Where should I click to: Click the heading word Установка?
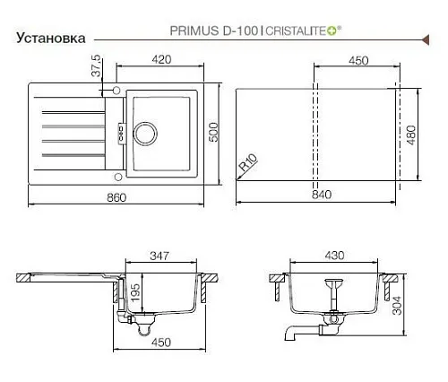(x=51, y=39)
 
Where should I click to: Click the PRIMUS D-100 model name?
(x=214, y=30)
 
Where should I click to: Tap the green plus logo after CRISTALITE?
(x=332, y=30)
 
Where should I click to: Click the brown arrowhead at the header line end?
(x=426, y=39)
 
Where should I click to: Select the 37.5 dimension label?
(x=97, y=66)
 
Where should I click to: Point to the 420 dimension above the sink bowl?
(x=161, y=59)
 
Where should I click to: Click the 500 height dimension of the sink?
(x=213, y=133)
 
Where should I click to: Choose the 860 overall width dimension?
(x=116, y=197)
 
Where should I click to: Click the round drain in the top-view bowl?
(x=145, y=134)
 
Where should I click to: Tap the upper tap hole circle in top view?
(x=116, y=91)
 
